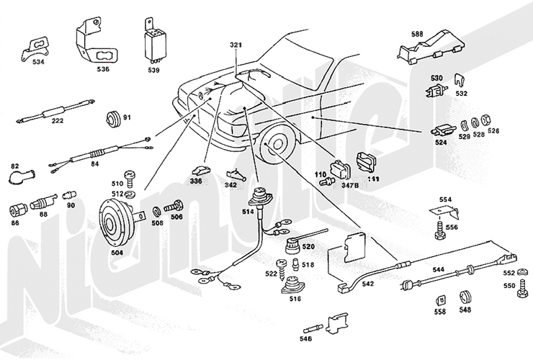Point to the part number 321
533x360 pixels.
pos(237,45)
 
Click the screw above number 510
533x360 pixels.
pos(130,174)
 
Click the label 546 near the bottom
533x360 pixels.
pos(305,337)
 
